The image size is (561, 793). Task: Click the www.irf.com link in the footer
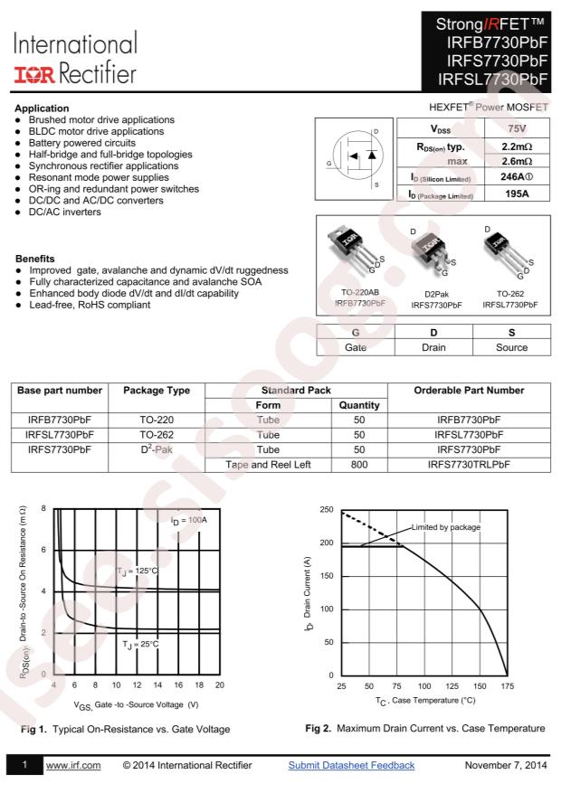pos(72,766)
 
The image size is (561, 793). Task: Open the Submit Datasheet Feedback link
pos(351,766)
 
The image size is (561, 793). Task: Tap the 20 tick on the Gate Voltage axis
pos(219,685)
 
